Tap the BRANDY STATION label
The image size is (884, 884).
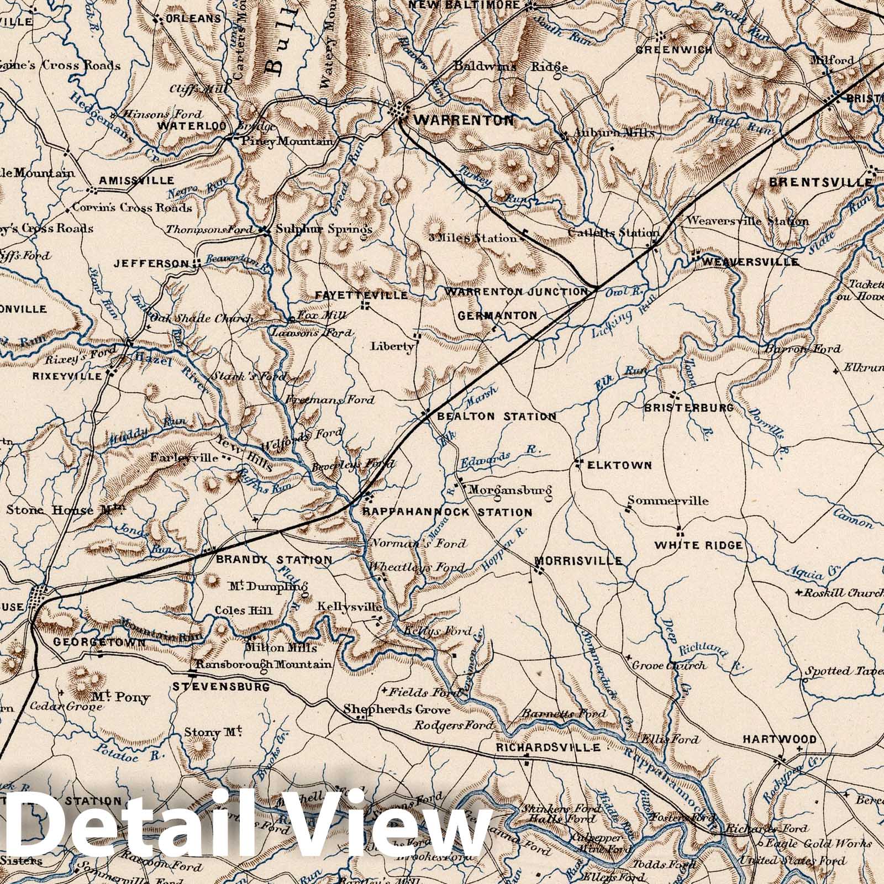click(274, 560)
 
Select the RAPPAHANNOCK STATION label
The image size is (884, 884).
click(447, 513)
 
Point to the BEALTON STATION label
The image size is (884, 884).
click(496, 417)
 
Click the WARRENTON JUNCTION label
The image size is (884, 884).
click(517, 291)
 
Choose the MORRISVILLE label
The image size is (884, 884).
click(578, 561)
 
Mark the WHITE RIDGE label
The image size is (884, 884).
click(698, 545)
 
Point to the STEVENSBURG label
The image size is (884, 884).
click(221, 687)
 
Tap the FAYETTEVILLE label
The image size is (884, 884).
click(361, 296)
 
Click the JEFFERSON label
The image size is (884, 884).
click(151, 264)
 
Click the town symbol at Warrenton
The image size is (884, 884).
click(399, 112)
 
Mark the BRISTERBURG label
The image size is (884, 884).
click(689, 408)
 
